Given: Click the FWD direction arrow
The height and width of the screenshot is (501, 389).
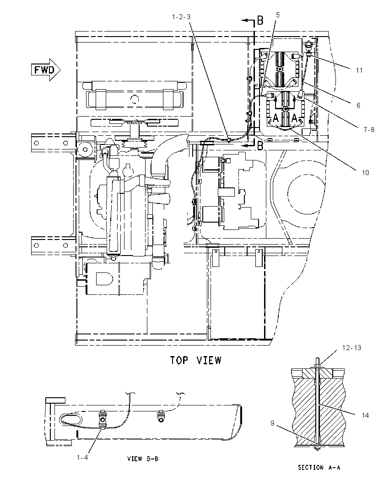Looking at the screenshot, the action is pos(45,69).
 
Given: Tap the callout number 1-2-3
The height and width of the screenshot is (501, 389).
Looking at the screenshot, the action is pos(181,16).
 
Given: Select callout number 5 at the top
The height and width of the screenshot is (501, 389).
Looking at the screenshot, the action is pos(278,15).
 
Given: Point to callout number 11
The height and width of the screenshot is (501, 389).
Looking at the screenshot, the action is pos(359,70).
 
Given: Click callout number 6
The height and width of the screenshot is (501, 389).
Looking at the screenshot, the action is pos(358,106).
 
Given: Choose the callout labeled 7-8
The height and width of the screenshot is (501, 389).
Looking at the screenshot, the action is pos(369,130).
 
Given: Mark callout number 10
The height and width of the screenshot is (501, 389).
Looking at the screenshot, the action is pos(365,172).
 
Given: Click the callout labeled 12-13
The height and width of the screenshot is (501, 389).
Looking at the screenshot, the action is pos(351,347).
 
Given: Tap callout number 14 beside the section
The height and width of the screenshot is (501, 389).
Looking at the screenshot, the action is pos(365,416).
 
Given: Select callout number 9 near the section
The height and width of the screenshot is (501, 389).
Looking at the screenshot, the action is pos(273,423).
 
